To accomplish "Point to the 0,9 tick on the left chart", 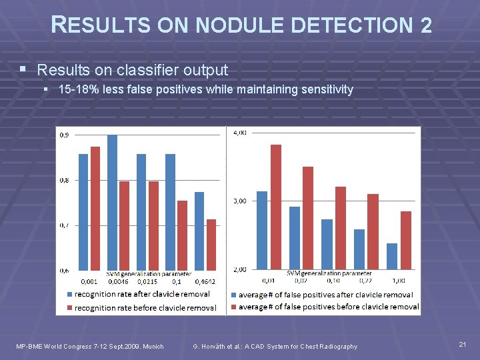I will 64,135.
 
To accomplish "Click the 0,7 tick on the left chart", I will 64,225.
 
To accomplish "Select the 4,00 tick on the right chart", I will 239,133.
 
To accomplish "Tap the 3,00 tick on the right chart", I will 239,201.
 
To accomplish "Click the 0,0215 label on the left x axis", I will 147,282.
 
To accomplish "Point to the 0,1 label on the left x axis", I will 176,282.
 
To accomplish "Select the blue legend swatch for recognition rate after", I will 69,294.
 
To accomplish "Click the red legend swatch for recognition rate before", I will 69,307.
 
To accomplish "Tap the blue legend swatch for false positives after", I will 234,294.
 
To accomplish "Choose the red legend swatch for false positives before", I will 234,307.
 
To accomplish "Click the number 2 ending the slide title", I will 426,26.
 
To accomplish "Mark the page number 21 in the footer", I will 463,344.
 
